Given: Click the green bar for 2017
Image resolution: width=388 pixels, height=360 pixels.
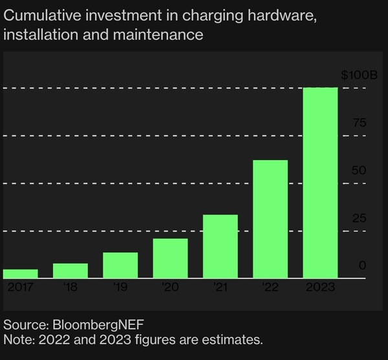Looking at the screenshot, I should click(20, 273).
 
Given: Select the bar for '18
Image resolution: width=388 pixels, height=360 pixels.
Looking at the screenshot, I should click(70, 271).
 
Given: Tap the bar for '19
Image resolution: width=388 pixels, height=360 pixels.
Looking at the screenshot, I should click(120, 265).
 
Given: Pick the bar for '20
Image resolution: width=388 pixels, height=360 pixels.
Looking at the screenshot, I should click(170, 258).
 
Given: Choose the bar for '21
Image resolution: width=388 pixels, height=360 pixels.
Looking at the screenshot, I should click(220, 246).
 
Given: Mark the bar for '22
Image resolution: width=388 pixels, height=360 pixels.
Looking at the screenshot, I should click(270, 219).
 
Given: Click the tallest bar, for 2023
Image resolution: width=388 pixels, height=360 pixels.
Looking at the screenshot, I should click(320, 183).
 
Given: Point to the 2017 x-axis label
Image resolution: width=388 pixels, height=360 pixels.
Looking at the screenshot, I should click(20, 287).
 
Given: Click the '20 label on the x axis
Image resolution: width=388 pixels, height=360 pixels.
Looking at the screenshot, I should click(170, 287).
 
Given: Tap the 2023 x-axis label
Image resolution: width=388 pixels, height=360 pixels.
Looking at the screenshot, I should click(320, 287).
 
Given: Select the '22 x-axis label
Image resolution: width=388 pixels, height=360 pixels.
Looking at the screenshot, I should click(270, 287).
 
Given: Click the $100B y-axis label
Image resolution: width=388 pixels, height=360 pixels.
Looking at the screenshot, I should click(354, 76).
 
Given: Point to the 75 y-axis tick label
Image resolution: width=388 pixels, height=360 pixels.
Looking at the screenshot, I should click(359, 123).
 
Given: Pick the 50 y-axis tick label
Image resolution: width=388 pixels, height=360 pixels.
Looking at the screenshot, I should click(359, 171).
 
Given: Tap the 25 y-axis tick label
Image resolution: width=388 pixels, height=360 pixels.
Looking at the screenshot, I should click(359, 218).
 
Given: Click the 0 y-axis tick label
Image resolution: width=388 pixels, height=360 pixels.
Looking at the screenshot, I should click(363, 265).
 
